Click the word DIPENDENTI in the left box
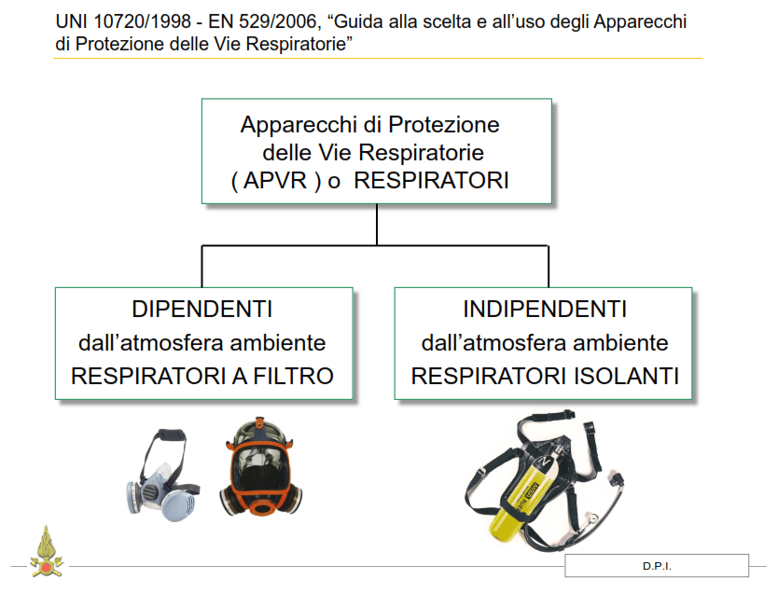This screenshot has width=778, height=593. click(x=201, y=310)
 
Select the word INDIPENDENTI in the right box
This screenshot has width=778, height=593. click(x=545, y=310)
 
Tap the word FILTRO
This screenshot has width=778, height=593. click(x=293, y=377)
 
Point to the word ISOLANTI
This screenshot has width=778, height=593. click(x=626, y=377)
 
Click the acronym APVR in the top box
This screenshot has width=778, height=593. click(x=275, y=181)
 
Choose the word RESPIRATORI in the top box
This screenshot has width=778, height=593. click(x=431, y=181)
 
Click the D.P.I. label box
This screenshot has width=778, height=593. click(x=657, y=566)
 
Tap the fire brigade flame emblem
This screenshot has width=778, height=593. click(x=46, y=552)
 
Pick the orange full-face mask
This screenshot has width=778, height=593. click(x=261, y=467)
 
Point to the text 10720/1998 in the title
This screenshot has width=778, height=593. click(x=143, y=21)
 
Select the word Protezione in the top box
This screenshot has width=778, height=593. click(x=444, y=124)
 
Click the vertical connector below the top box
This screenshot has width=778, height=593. click(x=377, y=225)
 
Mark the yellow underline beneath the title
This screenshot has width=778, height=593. click(x=378, y=59)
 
